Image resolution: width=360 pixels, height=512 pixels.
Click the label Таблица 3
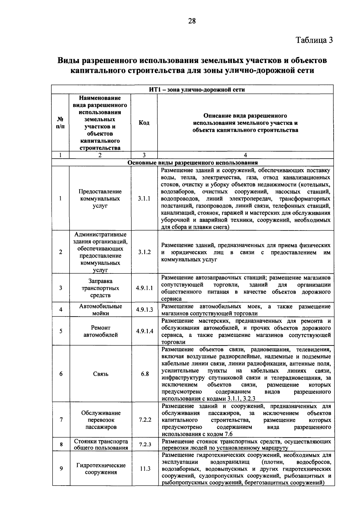click(x=314, y=40)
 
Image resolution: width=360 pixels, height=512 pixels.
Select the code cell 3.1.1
click(x=144, y=199)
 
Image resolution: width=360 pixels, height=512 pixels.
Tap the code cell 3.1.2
click(x=144, y=252)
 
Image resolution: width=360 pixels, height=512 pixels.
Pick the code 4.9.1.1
click(x=144, y=288)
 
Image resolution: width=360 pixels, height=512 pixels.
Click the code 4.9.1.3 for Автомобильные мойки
click(x=144, y=310)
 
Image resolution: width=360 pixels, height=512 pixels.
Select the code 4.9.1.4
click(x=144, y=331)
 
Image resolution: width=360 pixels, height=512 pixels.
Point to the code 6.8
click(x=145, y=374)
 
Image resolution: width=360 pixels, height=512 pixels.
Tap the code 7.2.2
click(x=145, y=420)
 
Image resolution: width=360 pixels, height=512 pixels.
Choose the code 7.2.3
click(x=145, y=444)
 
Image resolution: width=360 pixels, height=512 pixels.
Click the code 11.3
click(x=145, y=469)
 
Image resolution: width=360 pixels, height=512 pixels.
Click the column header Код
click(x=144, y=123)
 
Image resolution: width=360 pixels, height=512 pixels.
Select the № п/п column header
click(x=60, y=123)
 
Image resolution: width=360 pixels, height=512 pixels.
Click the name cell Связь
click(x=100, y=374)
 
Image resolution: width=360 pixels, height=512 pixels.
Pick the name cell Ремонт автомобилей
click(x=100, y=331)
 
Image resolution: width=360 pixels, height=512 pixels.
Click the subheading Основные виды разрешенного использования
click(x=193, y=163)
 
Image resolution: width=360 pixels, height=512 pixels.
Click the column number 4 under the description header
click(x=245, y=155)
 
